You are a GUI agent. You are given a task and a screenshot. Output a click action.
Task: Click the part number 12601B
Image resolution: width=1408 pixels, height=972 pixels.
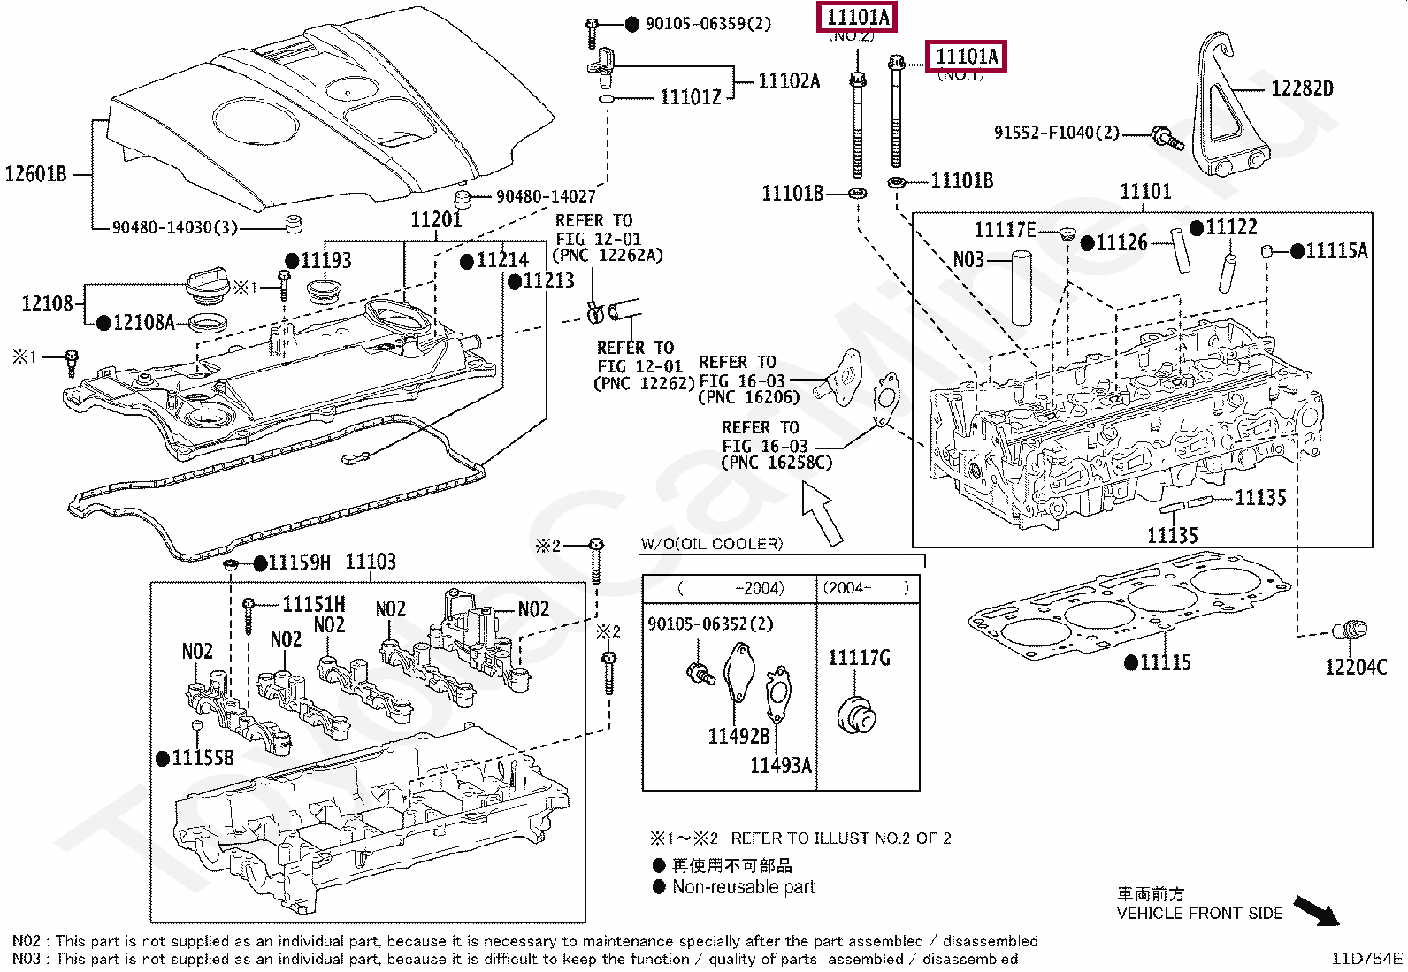tap(36, 173)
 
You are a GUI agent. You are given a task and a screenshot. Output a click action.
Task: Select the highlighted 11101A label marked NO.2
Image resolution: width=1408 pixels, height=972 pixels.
tap(857, 17)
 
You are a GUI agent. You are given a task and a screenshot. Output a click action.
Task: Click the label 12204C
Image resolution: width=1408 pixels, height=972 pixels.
tap(1355, 667)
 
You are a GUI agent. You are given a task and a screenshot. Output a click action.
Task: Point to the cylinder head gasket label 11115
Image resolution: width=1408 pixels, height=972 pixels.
tap(1166, 662)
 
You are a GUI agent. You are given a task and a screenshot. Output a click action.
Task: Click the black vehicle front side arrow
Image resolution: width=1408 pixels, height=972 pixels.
tap(1316, 911)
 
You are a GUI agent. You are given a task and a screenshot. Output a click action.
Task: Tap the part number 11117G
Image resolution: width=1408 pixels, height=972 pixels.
tap(859, 658)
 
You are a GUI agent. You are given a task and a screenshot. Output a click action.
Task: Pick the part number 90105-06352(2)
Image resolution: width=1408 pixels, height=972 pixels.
tap(710, 624)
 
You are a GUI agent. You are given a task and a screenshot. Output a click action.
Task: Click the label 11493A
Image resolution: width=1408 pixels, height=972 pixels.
tap(781, 764)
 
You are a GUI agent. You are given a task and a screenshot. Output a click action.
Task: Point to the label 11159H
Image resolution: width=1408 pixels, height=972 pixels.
tap(299, 563)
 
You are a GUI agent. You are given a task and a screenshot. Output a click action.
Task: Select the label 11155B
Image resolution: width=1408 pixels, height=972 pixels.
tap(203, 758)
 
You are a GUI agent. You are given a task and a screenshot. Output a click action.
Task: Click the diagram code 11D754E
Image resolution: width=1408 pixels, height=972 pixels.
tap(1366, 958)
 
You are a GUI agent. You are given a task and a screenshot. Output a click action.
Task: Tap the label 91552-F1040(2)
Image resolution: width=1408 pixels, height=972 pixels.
tap(1057, 133)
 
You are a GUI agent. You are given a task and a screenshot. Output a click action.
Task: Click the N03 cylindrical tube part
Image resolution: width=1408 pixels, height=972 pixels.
tap(1022, 288)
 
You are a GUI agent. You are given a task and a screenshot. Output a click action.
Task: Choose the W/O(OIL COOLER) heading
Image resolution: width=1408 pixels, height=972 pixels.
tap(712, 544)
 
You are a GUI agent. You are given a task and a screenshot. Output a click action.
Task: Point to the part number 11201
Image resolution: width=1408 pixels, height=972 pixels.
tap(436, 219)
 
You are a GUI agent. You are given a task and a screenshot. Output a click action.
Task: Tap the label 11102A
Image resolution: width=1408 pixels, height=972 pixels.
tap(789, 80)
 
